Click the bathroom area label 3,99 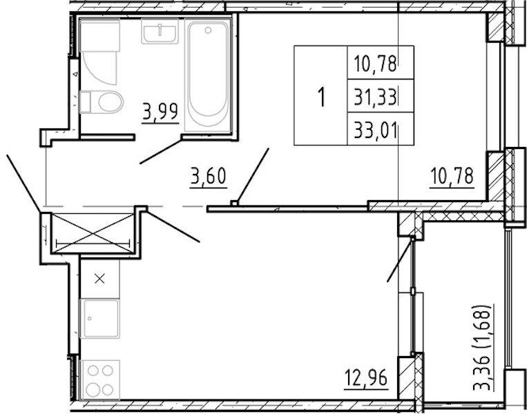[x=160, y=112]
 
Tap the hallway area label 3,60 [x=208, y=177]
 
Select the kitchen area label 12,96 [x=366, y=378]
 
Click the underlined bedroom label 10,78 [x=452, y=176]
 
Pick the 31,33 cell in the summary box [x=376, y=97]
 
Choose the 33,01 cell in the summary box [x=376, y=130]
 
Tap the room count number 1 [x=322, y=97]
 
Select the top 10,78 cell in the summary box [x=376, y=63]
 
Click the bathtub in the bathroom [x=208, y=75]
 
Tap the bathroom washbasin [x=160, y=31]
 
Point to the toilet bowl [x=102, y=102]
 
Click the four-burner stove [x=100, y=379]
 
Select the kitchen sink [x=100, y=319]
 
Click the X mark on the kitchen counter [x=99, y=279]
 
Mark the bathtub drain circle [x=208, y=30]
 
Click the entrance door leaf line [x=23, y=183]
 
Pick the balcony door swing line [x=400, y=259]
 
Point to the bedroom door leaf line [x=252, y=175]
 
